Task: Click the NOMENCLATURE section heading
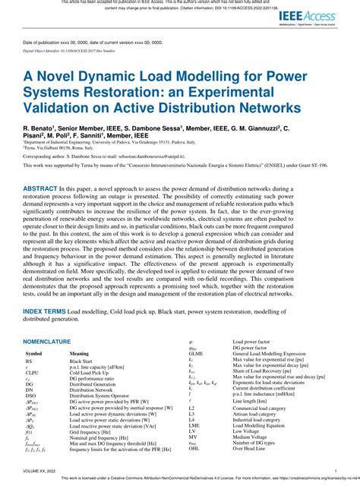tap(47, 342)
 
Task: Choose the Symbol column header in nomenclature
tap(33, 354)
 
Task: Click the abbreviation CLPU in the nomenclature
tap(33, 373)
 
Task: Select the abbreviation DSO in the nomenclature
tap(31, 396)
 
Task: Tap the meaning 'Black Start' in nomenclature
tap(82, 362)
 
